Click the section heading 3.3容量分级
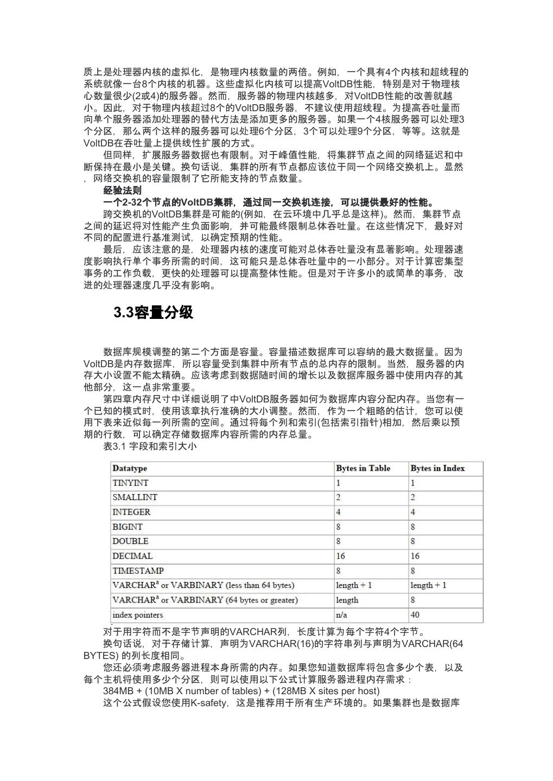point(153,312)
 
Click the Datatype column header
point(130,468)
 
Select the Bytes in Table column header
point(363,468)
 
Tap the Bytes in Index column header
point(437,468)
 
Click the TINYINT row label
point(130,483)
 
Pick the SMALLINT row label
point(135,497)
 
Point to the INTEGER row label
point(131,512)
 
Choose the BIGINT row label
point(128,527)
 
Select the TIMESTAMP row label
point(138,571)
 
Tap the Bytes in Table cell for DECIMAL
point(341,556)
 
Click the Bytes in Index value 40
point(415,614)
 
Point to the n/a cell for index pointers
point(341,614)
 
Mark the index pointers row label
point(137,614)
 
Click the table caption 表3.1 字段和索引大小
point(150,446)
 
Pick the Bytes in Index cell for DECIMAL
point(415,556)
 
